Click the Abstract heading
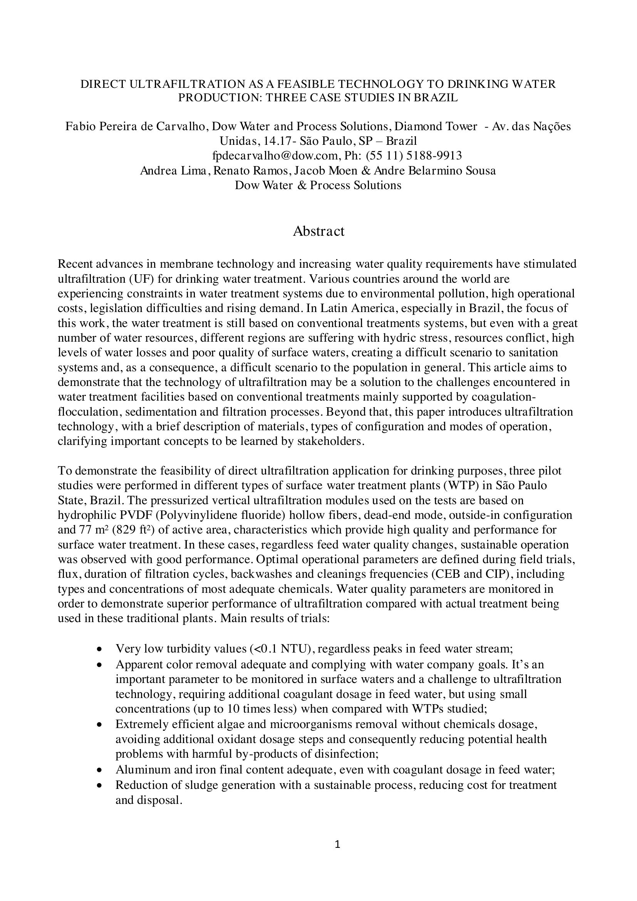click(x=318, y=231)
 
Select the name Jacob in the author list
click(x=310, y=171)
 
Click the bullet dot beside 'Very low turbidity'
click(x=100, y=649)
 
